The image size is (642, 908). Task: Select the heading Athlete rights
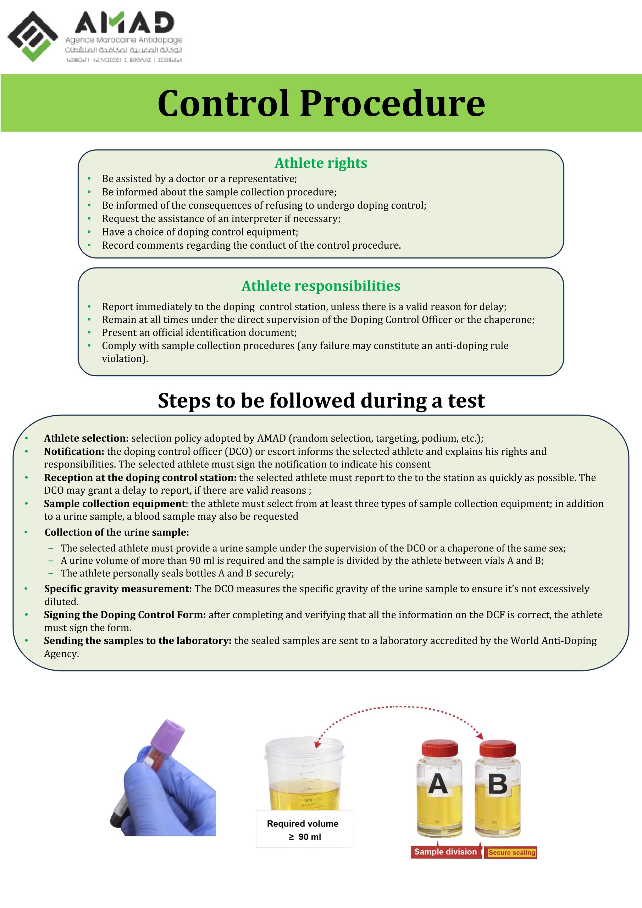click(321, 163)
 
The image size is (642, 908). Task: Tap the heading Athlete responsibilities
click(321, 286)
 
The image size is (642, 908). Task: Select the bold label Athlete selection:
click(86, 438)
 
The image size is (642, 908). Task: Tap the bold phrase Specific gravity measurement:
click(118, 588)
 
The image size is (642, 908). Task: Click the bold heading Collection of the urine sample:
click(117, 532)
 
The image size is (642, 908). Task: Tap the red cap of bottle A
click(439, 748)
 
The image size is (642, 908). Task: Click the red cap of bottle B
click(497, 748)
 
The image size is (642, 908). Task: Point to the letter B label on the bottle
click(498, 784)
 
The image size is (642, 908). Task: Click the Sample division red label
click(445, 852)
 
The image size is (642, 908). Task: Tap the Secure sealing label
click(511, 852)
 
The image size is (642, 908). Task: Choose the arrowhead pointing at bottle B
click(480, 736)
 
